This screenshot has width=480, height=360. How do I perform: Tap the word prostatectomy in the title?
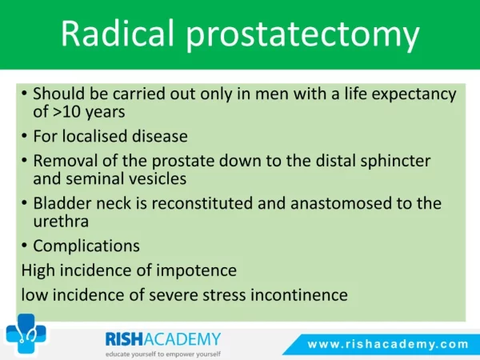click(302, 36)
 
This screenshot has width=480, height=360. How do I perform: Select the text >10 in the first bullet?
click(67, 112)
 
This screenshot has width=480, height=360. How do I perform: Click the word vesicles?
click(157, 178)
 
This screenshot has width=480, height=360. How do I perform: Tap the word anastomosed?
click(341, 203)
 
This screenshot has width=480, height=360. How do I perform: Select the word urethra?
click(61, 221)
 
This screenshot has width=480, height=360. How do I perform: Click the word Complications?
click(86, 246)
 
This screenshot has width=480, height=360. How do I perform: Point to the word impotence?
click(196, 271)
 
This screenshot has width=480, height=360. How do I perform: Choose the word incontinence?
click(299, 295)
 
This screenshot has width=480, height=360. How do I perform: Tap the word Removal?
click(66, 161)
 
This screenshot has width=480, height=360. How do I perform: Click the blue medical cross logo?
click(26, 333)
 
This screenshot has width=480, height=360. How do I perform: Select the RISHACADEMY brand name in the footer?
click(163, 339)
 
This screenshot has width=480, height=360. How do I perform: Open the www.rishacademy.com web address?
click(388, 344)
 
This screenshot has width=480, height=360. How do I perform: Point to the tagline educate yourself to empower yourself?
click(163, 354)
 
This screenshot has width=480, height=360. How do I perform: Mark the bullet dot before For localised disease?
click(25, 136)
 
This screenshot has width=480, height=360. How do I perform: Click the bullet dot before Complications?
click(25, 246)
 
